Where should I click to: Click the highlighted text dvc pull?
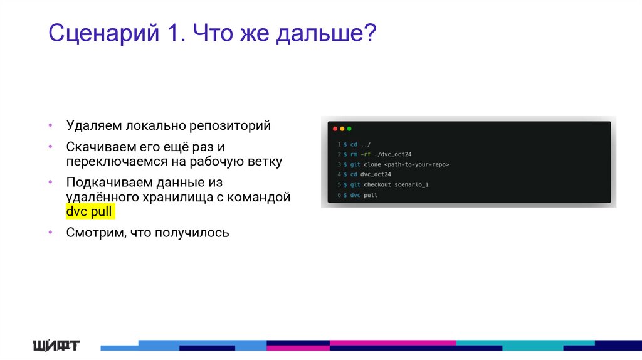click(x=89, y=211)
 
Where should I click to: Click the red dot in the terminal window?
click(x=335, y=129)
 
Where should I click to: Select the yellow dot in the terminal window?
click(x=342, y=129)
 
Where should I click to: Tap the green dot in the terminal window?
click(x=349, y=129)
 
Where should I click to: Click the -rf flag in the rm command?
click(x=366, y=154)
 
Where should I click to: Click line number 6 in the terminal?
click(x=338, y=195)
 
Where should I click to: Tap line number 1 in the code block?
click(x=338, y=144)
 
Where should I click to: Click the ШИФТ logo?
click(x=56, y=345)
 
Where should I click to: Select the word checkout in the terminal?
click(x=377, y=184)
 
